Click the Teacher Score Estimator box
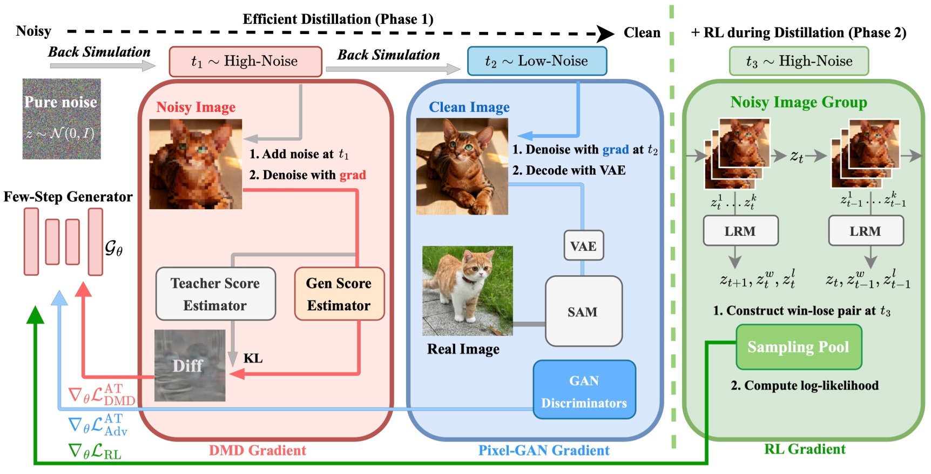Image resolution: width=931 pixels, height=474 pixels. point(215,294)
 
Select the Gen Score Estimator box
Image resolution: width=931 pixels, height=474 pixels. point(339,294)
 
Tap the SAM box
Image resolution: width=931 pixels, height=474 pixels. point(583,311)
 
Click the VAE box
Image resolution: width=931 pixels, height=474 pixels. point(583,246)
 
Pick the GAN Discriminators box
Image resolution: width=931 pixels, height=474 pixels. point(584,390)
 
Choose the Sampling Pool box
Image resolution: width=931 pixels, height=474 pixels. point(798,346)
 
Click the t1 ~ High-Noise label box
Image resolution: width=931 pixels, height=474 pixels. point(245,61)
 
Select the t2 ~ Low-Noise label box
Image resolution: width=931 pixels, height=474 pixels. point(537,61)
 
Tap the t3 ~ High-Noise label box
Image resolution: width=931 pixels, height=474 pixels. point(799,61)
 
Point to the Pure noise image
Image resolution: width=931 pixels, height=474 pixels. point(62,119)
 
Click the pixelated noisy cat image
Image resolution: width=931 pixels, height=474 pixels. point(195,164)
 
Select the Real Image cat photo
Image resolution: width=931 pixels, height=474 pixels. point(468,291)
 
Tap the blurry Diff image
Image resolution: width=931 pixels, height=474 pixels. point(190,365)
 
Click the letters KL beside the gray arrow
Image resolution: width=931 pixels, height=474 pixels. point(253,358)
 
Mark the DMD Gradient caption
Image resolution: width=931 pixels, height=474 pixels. point(258,450)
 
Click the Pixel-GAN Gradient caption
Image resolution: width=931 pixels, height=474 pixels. point(543,450)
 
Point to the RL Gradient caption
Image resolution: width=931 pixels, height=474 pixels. point(805,449)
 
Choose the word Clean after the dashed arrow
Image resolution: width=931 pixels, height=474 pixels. point(642,32)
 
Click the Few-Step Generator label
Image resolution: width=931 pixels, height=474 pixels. point(68,197)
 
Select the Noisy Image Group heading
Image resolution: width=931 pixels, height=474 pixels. point(798,102)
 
